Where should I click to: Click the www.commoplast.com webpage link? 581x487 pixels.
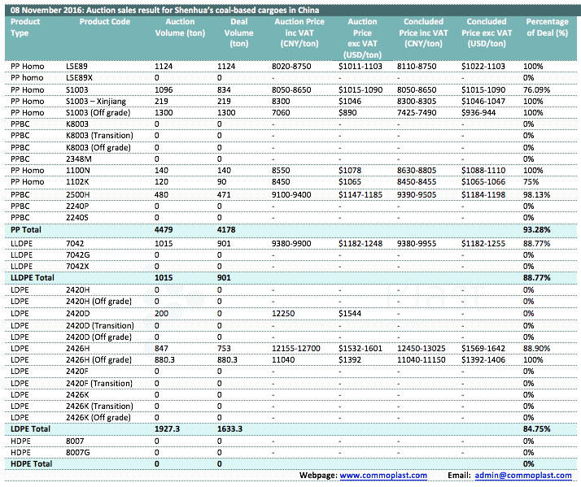383,475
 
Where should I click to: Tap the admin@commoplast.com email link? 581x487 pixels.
523,475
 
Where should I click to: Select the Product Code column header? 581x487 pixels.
105,21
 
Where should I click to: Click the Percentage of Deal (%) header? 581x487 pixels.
548,27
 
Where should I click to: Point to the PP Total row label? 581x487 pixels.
26,229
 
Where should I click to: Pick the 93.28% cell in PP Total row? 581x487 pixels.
536,229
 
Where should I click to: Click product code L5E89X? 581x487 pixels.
79,78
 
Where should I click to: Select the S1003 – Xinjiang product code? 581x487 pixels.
96,101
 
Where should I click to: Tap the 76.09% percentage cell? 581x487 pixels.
536,89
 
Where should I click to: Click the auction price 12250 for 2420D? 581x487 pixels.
283,313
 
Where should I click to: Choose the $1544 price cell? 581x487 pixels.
350,313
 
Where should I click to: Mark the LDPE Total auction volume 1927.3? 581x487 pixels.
167,428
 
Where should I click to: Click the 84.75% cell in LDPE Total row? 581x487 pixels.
536,428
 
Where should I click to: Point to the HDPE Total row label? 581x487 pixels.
32,463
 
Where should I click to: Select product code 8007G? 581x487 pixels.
78,453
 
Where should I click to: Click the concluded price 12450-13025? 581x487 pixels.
422,348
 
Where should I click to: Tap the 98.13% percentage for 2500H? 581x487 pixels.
536,195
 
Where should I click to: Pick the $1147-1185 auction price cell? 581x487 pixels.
360,195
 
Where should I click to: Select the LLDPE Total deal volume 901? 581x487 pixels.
224,278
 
